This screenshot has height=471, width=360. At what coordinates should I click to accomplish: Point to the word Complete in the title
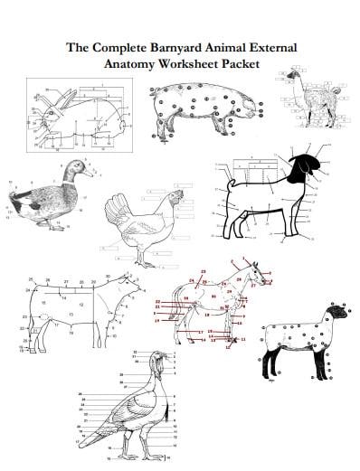[128, 47]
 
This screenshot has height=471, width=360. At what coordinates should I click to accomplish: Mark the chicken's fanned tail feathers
[118, 212]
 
